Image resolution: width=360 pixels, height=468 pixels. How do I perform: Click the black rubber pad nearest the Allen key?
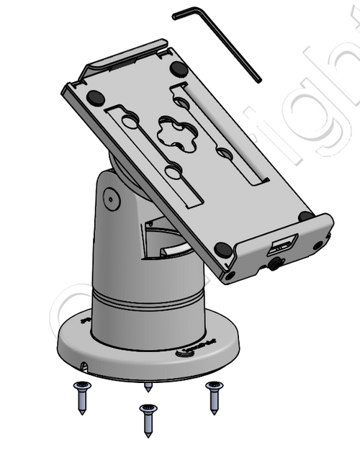[x=179, y=69]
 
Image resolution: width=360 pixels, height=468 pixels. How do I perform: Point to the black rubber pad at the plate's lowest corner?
[x=223, y=250]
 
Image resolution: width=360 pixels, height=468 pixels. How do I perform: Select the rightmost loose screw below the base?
[x=214, y=397]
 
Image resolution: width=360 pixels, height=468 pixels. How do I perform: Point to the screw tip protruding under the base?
[x=148, y=387]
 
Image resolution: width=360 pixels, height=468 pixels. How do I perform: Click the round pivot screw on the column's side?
[x=111, y=197]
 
